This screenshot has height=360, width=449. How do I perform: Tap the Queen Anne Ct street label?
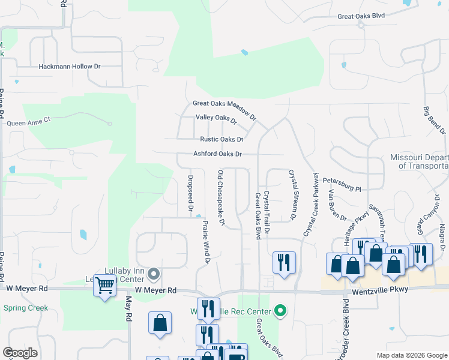click(29, 122)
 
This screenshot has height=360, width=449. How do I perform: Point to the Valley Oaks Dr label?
click(216, 119)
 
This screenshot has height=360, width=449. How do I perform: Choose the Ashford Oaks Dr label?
click(217, 154)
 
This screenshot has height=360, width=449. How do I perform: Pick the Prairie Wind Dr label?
click(205, 241)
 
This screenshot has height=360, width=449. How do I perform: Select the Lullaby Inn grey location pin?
click(154, 275)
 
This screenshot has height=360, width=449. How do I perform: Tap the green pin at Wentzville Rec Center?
click(279, 310)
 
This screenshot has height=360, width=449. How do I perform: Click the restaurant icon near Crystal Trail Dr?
click(284, 262)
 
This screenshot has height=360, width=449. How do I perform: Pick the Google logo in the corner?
click(20, 353)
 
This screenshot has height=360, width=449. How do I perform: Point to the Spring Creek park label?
click(25, 308)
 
